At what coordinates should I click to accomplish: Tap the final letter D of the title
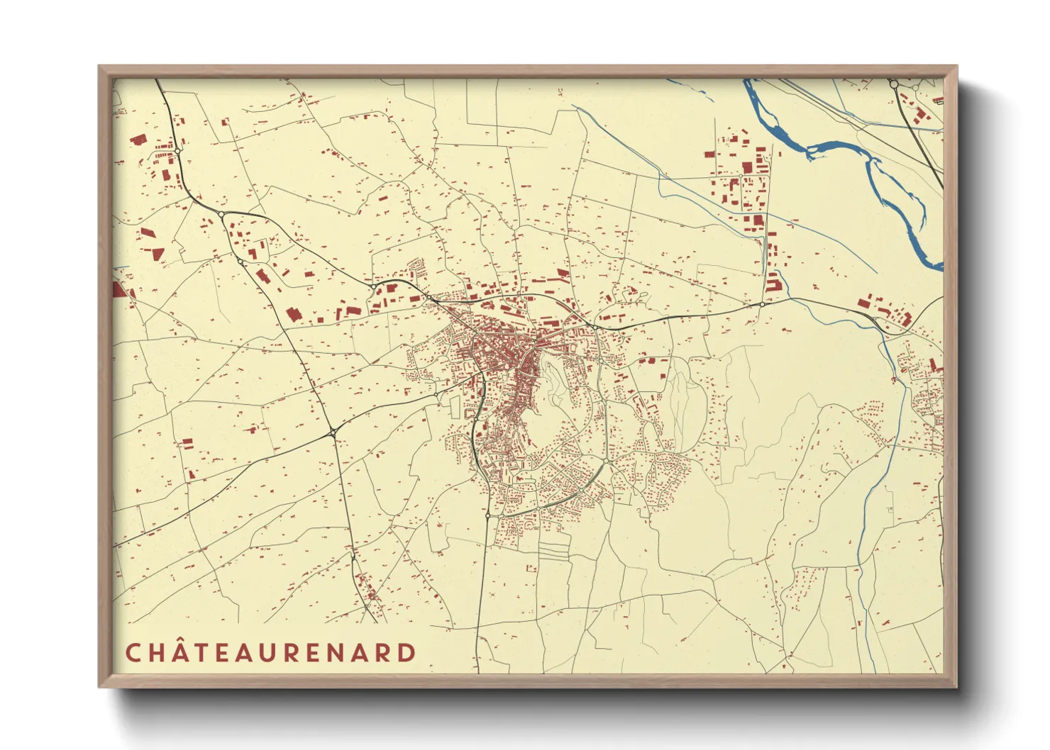[407, 653]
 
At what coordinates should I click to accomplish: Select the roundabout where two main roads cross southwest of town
[333, 432]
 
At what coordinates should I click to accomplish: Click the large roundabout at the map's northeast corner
[894, 84]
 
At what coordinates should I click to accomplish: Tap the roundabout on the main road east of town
[762, 305]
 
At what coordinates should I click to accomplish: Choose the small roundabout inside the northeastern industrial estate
[741, 175]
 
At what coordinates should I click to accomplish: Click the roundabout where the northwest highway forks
[221, 214]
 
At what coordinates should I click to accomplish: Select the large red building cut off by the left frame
[119, 289]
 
